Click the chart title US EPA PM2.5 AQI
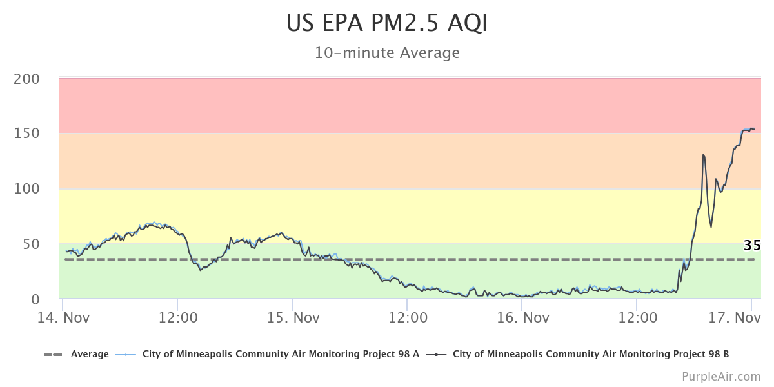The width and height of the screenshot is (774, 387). coord(387,23)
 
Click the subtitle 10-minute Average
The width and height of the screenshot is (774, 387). coord(387,53)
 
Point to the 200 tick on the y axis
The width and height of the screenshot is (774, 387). coord(26,79)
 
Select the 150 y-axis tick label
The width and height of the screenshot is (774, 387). coord(26,134)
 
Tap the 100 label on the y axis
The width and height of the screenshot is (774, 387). coord(26,189)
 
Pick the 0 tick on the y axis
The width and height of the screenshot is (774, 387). coord(35,299)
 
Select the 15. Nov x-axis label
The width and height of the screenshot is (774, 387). coord(294,318)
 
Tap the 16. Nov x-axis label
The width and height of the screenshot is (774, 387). coord(522,318)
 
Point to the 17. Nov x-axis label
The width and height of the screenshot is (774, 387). coord(735,318)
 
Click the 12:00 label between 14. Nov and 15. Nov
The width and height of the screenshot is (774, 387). coord(177,318)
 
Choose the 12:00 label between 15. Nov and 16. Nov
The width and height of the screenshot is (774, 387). coord(407,318)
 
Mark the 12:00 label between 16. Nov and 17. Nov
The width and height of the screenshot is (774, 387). coord(637,318)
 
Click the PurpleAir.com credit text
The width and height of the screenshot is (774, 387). coord(721,376)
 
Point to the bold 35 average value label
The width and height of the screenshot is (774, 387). coord(752,246)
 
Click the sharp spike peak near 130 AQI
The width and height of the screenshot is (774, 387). coord(703,155)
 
